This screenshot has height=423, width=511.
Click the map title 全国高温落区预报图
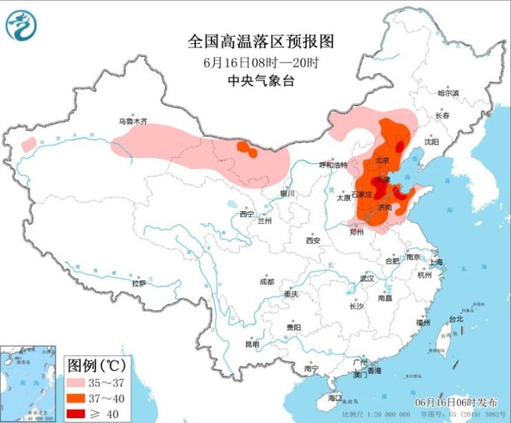(x=260, y=42)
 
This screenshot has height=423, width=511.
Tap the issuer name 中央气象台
(x=260, y=80)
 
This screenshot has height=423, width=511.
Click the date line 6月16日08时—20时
(x=260, y=62)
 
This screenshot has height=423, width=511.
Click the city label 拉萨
(x=139, y=283)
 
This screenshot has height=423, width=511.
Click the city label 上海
(x=435, y=262)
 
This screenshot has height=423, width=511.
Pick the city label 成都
(x=266, y=281)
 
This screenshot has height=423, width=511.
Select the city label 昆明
(x=252, y=343)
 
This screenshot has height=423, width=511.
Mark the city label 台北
(x=456, y=318)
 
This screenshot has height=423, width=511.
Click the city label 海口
(x=335, y=398)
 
